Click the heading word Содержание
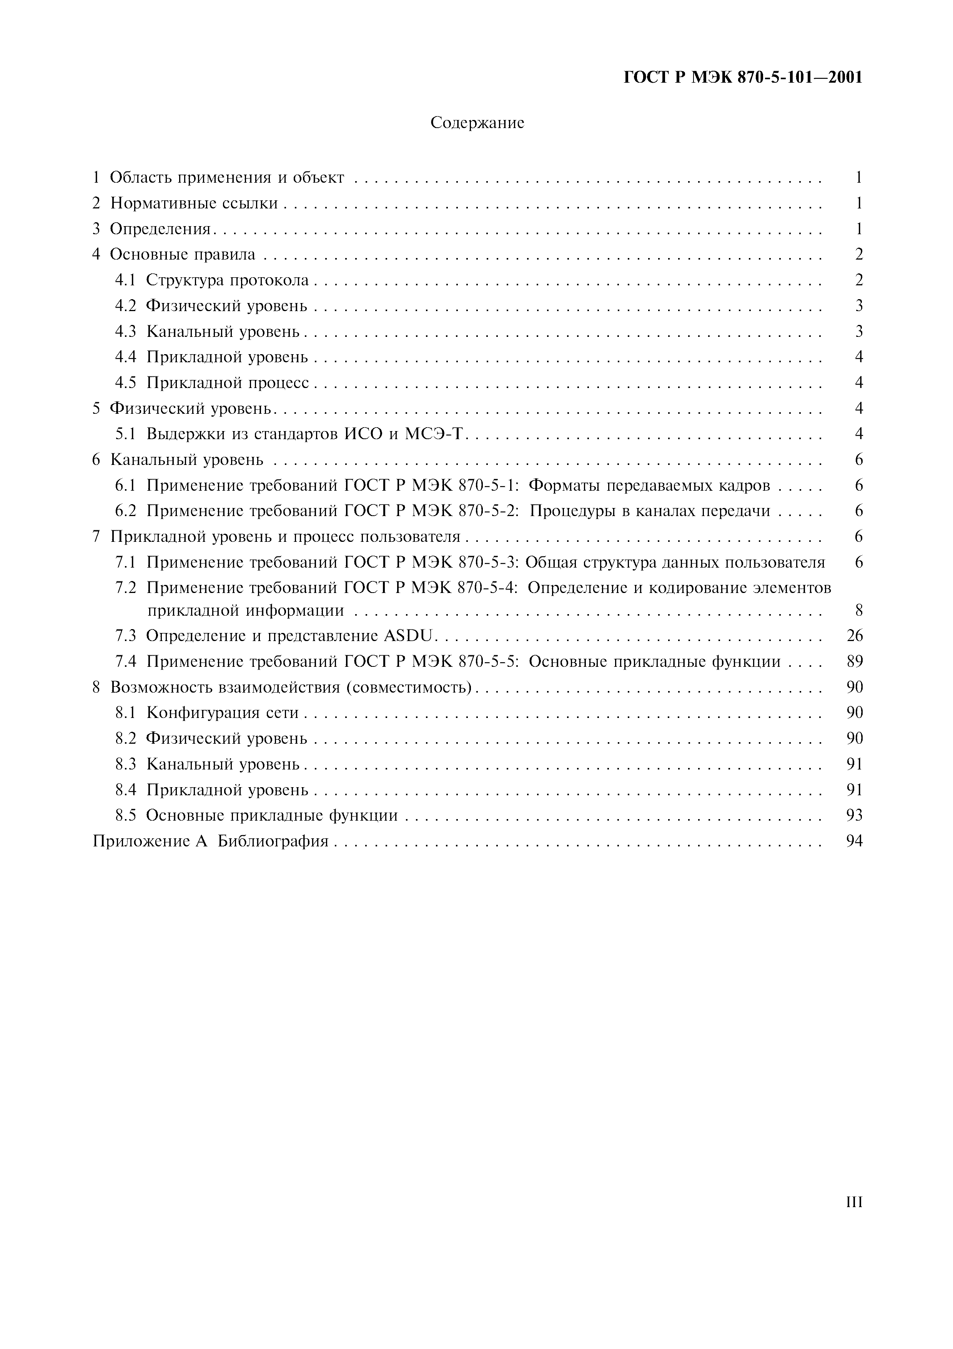tap(477, 123)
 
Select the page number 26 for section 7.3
tap(854, 636)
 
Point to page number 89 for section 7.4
tap(854, 661)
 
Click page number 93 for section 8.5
tap(854, 816)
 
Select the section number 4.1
tap(125, 280)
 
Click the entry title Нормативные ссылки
tap(194, 203)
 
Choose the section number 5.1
tap(125, 434)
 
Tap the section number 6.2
tap(125, 511)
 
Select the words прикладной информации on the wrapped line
tap(245, 610)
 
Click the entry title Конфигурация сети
tap(222, 713)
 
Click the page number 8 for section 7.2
tap(858, 610)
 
